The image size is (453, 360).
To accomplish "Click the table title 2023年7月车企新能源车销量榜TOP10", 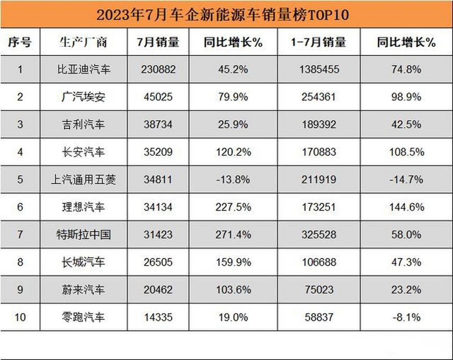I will [223, 15].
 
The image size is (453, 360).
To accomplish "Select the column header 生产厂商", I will [83, 42].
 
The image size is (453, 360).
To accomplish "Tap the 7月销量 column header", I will [158, 42].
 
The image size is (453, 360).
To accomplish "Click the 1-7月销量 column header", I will [318, 42].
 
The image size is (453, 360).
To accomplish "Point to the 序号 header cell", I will [20, 42].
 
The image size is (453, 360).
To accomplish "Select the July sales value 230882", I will [158, 69].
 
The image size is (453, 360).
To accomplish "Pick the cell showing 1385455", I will [318, 69].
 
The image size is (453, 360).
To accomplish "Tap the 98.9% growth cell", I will [406, 97].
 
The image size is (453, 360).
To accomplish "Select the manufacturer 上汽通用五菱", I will [84, 180].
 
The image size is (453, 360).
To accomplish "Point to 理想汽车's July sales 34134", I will [158, 207].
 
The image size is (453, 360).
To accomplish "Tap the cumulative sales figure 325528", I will [318, 234].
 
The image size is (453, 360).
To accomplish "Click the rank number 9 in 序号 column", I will [20, 289].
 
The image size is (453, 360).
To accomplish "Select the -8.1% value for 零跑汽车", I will [406, 317].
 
